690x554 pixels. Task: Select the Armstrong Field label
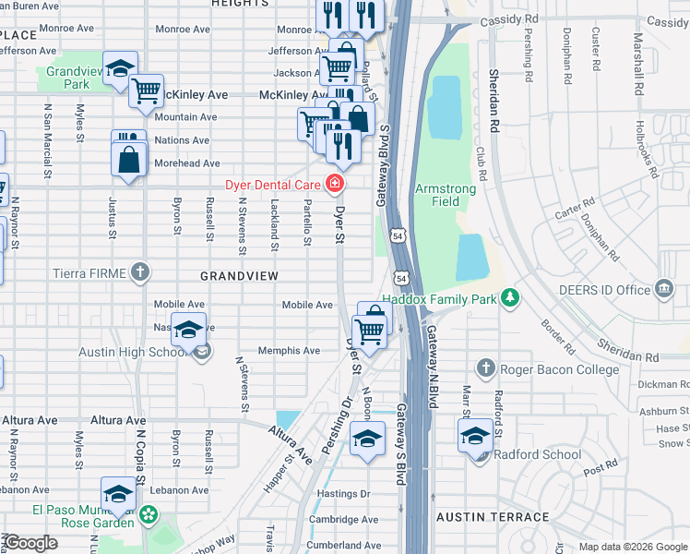coord(446,195)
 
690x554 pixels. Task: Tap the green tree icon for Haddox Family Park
coord(508,297)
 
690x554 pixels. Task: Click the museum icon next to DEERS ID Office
coord(662,290)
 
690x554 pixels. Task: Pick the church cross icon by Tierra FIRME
coord(138,271)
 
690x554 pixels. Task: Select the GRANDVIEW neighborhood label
coord(240,276)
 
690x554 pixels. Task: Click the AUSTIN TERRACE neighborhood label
coord(480,517)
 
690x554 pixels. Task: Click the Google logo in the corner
coord(31,543)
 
